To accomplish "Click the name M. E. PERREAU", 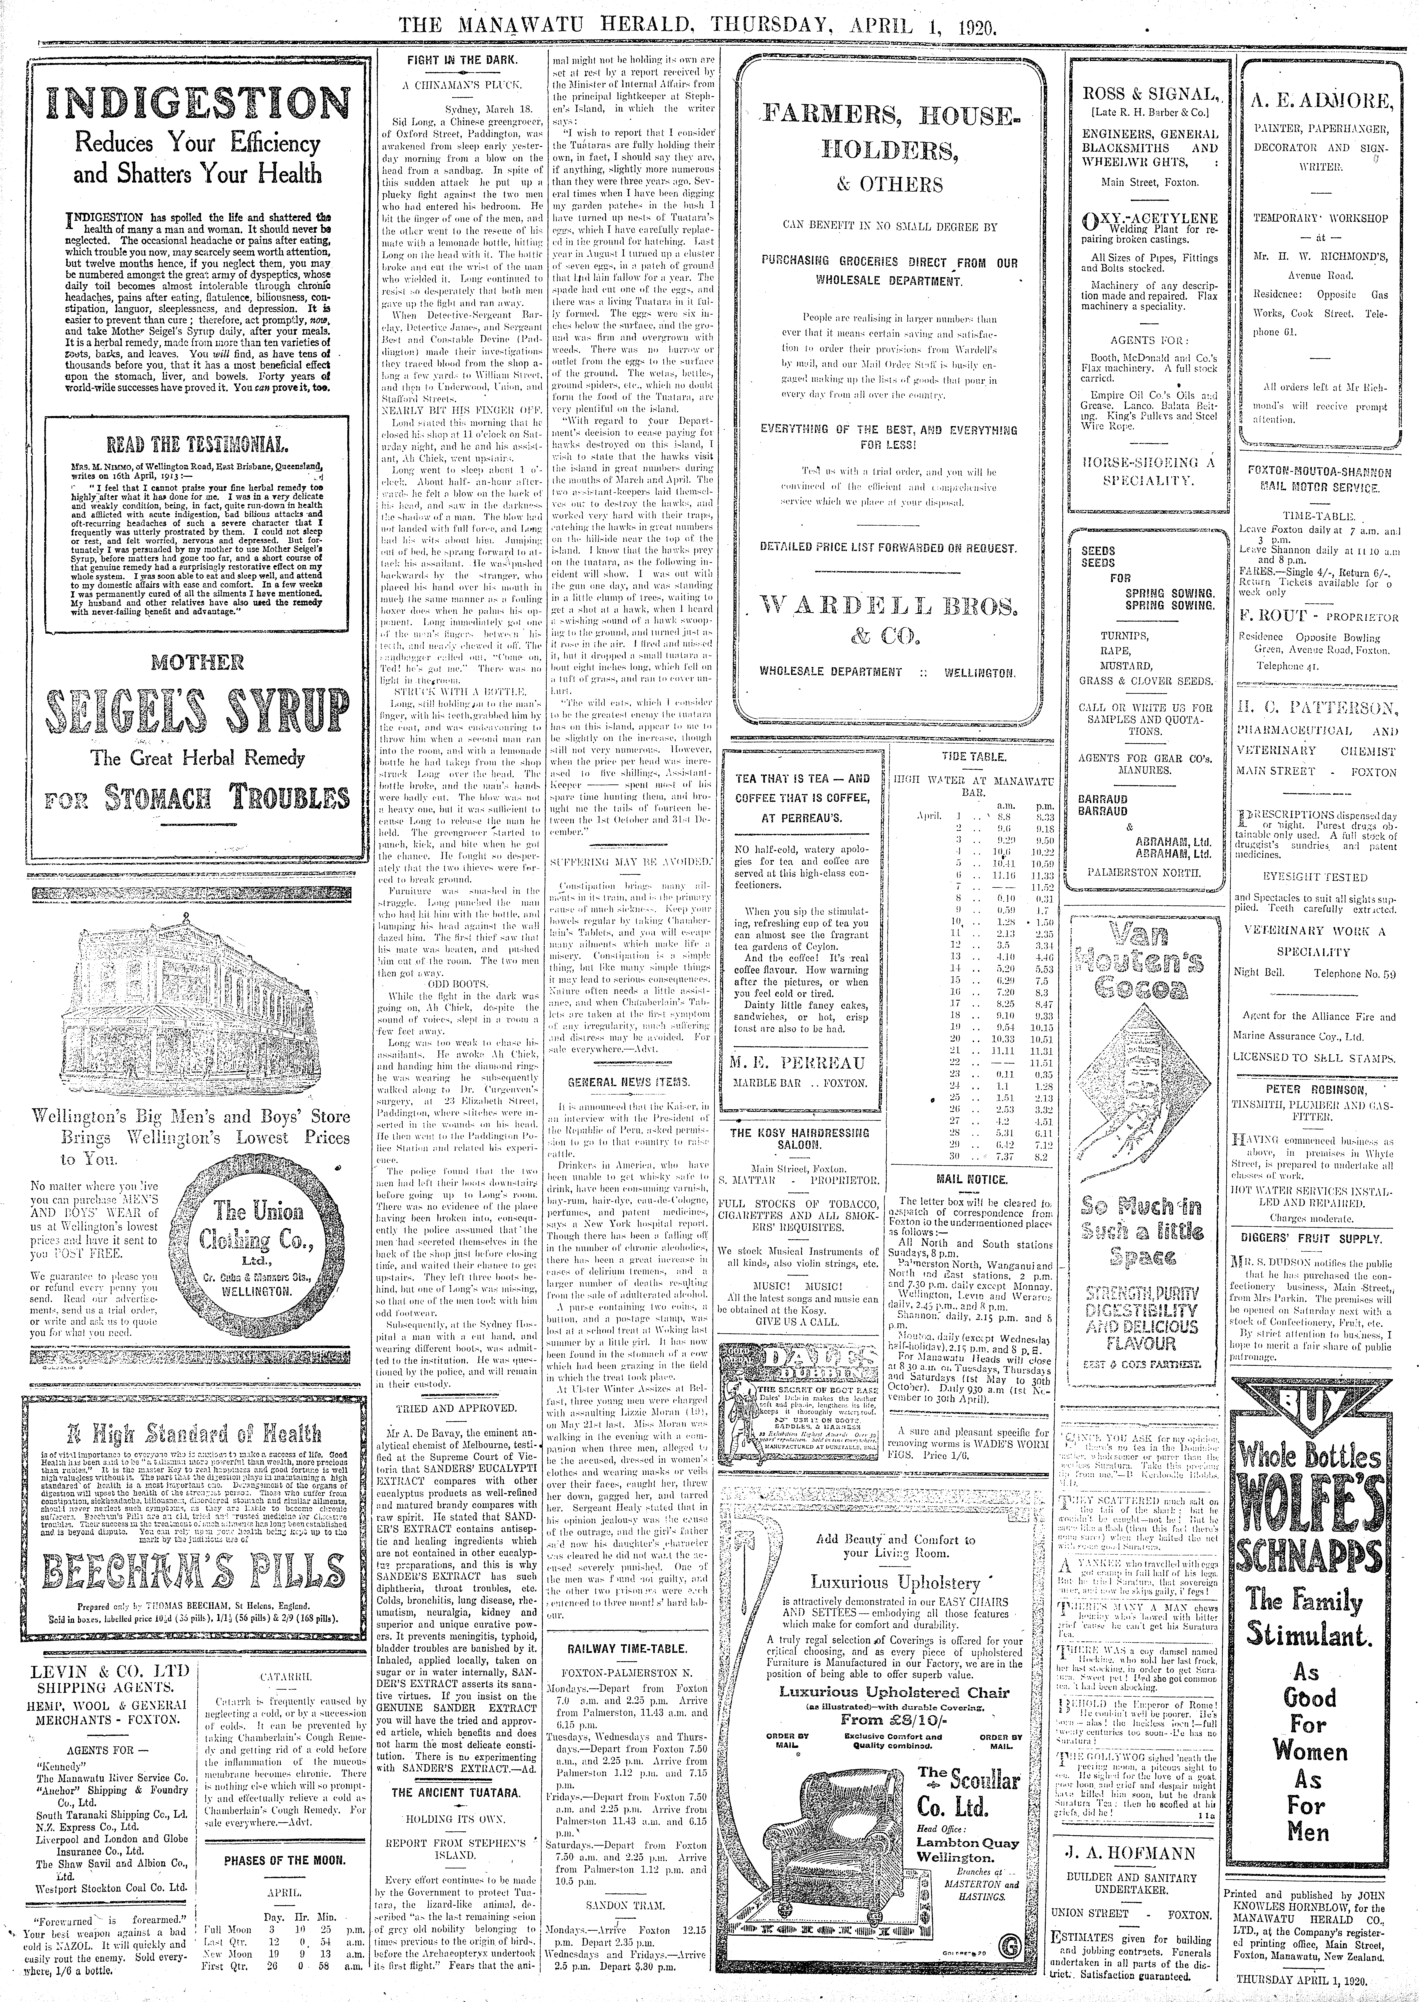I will tap(798, 1063).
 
